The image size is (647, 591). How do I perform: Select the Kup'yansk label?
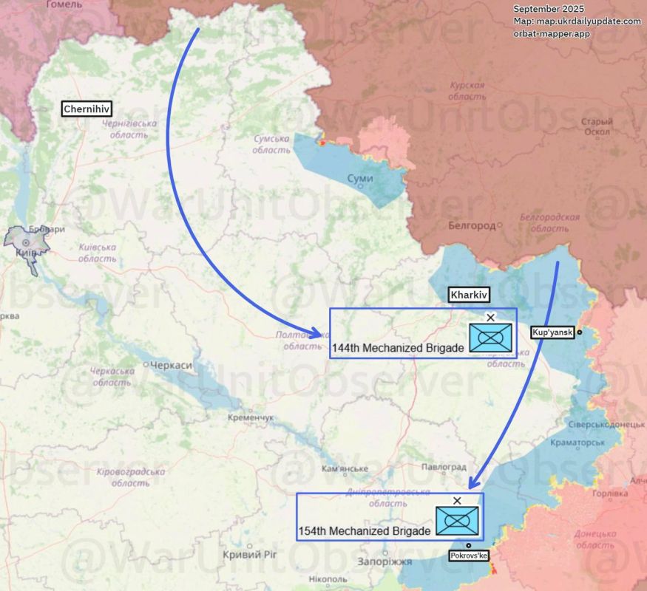[x=552, y=332]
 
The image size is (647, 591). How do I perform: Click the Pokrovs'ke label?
[x=469, y=555]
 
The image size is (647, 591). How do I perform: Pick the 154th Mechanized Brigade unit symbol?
[x=457, y=522]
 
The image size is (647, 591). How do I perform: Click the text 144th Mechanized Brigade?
[x=398, y=347]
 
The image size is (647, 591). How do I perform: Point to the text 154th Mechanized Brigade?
[x=364, y=531]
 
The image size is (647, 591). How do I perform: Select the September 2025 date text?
[x=549, y=7]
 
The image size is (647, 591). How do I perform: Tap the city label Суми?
[x=360, y=179]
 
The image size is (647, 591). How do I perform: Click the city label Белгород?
[x=471, y=225]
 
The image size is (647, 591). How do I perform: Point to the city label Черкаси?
[x=171, y=366]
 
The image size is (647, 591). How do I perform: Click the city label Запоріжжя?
[x=385, y=562]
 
